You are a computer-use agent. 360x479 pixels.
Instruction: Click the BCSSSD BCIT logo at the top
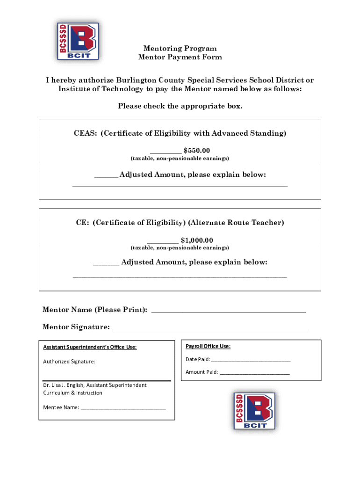coord(78,41)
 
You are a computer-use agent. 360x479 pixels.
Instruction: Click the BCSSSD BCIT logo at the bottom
coord(254,411)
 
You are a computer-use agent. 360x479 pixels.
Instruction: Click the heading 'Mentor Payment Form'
coord(180,57)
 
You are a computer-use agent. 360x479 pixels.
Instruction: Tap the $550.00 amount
coord(197,150)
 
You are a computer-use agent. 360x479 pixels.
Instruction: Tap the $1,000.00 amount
coord(197,240)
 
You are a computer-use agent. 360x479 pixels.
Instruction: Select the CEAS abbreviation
coord(85,133)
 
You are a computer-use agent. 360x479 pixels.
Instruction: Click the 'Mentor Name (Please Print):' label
coord(95,310)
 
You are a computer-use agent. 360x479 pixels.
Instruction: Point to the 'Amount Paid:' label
coord(202,372)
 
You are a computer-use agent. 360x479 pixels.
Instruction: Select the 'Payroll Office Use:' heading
coord(208,347)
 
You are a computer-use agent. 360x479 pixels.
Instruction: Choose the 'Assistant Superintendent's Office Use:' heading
coord(90,348)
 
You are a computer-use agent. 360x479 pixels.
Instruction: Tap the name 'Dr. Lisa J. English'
coord(64,385)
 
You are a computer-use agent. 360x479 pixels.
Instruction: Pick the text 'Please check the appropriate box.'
coord(180,106)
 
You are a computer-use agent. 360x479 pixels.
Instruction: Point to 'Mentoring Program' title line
coord(180,48)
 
